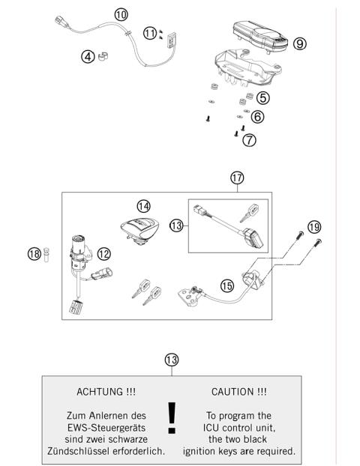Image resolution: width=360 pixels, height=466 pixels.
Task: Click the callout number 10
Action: tap(121, 14)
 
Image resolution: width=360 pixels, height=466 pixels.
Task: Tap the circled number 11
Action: tap(151, 33)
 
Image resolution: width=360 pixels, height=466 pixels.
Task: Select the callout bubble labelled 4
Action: tap(88, 56)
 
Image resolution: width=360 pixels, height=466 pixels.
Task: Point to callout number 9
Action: tap(299, 44)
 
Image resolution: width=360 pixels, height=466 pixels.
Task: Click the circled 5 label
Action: tap(262, 97)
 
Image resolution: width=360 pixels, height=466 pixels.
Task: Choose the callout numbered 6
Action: tap(258, 117)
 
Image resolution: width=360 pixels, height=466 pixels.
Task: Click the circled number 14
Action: tap(143, 205)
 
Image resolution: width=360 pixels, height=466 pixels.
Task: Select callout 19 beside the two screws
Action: tap(314, 226)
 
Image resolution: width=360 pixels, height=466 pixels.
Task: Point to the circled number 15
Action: tap(226, 285)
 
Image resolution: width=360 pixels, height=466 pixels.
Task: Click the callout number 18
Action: tap(34, 254)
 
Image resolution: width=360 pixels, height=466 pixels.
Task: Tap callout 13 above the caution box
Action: tap(172, 360)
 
